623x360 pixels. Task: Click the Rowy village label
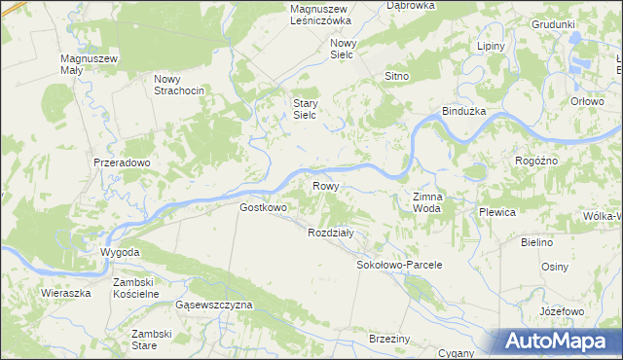click(x=324, y=186)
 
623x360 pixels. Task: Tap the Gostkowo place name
click(x=263, y=207)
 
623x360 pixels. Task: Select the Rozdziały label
click(x=336, y=234)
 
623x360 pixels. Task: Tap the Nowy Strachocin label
click(x=178, y=85)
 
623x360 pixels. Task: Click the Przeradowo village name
click(x=122, y=163)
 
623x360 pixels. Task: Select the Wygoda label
click(x=121, y=253)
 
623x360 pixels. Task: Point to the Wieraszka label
click(x=66, y=292)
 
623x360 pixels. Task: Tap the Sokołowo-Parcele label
click(x=400, y=265)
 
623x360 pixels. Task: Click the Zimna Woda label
click(x=428, y=202)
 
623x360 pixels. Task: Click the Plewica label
click(x=496, y=211)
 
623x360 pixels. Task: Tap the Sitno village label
click(x=396, y=76)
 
